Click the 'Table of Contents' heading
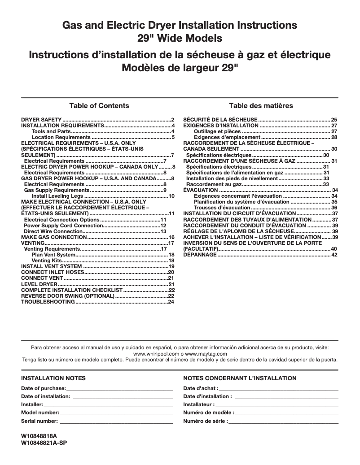coord(99,106)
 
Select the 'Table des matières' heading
coord(261,106)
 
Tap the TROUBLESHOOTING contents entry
coord(48,302)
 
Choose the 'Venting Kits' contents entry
coord(47,260)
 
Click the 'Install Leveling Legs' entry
coord(57,196)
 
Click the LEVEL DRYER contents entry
coord(40,284)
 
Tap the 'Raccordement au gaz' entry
coord(214,184)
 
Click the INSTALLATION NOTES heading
coord(53,378)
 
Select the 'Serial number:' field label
coord(40,421)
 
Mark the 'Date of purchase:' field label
coord(44,388)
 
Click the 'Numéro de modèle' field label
coord(208,413)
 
